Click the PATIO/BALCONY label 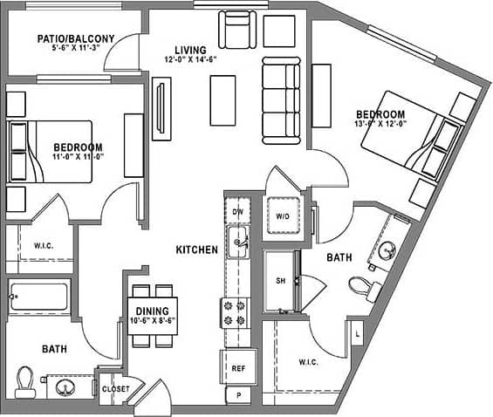[x=74, y=39]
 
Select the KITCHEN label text [x=196, y=250]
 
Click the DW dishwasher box [x=236, y=212]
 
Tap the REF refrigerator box [x=236, y=368]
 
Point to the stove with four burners [x=236, y=312]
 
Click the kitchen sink [x=237, y=243]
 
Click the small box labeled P [x=236, y=395]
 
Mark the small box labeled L [x=356, y=332]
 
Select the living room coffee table [x=223, y=100]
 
